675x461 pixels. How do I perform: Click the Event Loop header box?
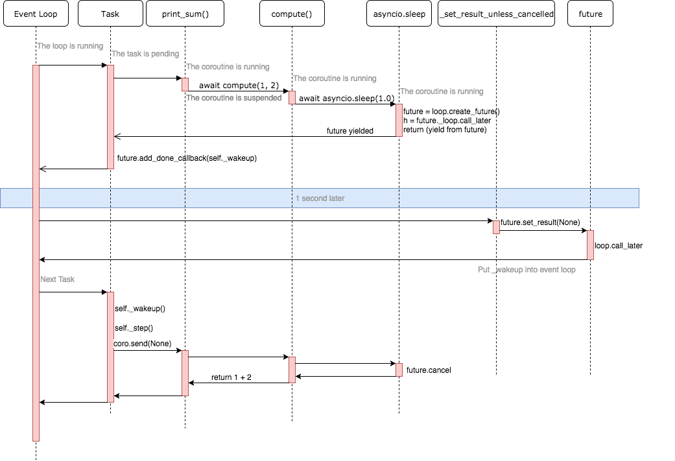pos(36,14)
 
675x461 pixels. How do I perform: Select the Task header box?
pos(110,14)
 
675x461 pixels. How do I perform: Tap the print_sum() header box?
pos(185,14)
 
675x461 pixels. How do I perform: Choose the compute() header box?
pos(291,14)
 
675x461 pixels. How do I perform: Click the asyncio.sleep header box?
pos(399,14)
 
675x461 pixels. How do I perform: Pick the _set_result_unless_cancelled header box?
pos(496,14)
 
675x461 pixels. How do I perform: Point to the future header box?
pos(590,14)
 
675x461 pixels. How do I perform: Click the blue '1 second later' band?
pos(320,198)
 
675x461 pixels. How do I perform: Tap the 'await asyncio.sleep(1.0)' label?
pos(346,99)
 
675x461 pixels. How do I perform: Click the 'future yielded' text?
pos(349,131)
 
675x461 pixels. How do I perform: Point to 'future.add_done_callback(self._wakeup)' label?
pos(187,158)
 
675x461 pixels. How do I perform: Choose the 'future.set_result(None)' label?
pos(540,222)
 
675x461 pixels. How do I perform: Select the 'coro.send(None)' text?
pos(142,344)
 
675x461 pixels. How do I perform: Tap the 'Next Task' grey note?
pos(58,279)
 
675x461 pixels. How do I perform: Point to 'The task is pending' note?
pos(145,54)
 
